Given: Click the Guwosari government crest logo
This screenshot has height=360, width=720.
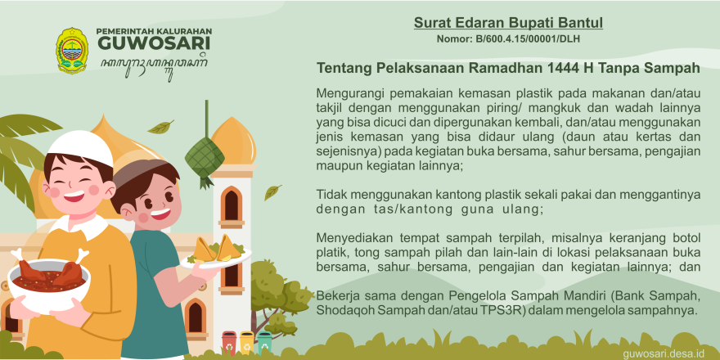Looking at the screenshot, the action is [x=72, y=51].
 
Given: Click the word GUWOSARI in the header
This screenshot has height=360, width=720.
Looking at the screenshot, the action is [x=155, y=43].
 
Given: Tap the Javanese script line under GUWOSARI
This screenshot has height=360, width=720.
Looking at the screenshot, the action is [x=155, y=66].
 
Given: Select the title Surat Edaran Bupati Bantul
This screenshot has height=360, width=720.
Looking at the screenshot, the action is [x=508, y=23].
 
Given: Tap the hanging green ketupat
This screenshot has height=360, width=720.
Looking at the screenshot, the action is [x=205, y=156].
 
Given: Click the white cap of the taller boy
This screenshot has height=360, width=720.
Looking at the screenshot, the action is [x=81, y=147].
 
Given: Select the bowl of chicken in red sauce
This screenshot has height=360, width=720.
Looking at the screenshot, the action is [x=49, y=280].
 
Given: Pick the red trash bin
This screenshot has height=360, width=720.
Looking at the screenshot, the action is [x=229, y=342].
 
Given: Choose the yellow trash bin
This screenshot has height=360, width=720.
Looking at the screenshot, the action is [x=246, y=342].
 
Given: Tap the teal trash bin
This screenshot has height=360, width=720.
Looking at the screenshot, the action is [x=264, y=342].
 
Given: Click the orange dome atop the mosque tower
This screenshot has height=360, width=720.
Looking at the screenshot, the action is [x=234, y=141].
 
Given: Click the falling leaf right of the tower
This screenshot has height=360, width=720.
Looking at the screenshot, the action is [x=272, y=192].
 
